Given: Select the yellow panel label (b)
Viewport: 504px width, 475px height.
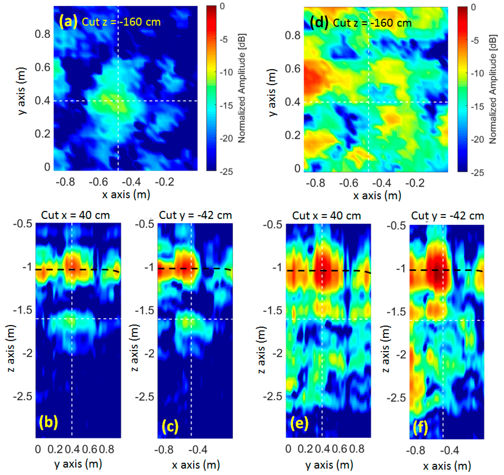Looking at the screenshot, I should pyautogui.click(x=48, y=422).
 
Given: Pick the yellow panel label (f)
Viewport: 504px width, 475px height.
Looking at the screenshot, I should pyautogui.click(x=420, y=427).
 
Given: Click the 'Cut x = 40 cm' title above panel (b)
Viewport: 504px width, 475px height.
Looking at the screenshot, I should pyautogui.click(x=75, y=215).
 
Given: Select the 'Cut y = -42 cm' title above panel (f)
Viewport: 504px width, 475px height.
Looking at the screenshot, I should pyautogui.click(x=447, y=216).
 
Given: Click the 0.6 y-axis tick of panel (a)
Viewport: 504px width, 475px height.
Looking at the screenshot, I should pyautogui.click(x=43, y=68).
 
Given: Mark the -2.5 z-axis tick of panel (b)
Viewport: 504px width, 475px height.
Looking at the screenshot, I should pyautogui.click(x=23, y=396).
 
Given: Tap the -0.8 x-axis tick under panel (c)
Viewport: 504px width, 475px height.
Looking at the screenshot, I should pyautogui.click(x=164, y=450).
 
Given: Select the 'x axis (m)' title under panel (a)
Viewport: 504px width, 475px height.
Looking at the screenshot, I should pyautogui.click(x=126, y=195).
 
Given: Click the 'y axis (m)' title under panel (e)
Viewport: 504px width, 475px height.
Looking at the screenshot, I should pyautogui.click(x=329, y=465).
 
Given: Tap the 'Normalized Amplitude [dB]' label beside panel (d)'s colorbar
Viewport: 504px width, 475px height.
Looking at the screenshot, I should pyautogui.click(x=492, y=89).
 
